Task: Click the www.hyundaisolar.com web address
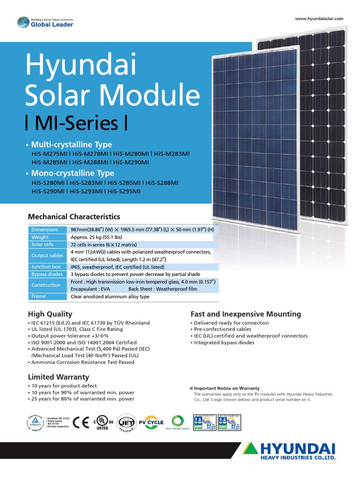point(319,19)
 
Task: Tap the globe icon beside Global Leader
point(23,22)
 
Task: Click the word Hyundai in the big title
point(81,66)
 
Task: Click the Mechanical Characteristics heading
point(74,217)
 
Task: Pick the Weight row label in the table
point(40,238)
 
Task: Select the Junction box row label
point(46,267)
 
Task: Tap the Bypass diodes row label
point(47,274)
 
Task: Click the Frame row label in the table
point(39,297)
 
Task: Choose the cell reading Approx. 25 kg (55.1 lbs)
point(96,238)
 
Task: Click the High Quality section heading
point(50,314)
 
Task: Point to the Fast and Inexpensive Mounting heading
point(246,314)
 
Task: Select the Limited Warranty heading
point(59,377)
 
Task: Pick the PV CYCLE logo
point(152,422)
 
